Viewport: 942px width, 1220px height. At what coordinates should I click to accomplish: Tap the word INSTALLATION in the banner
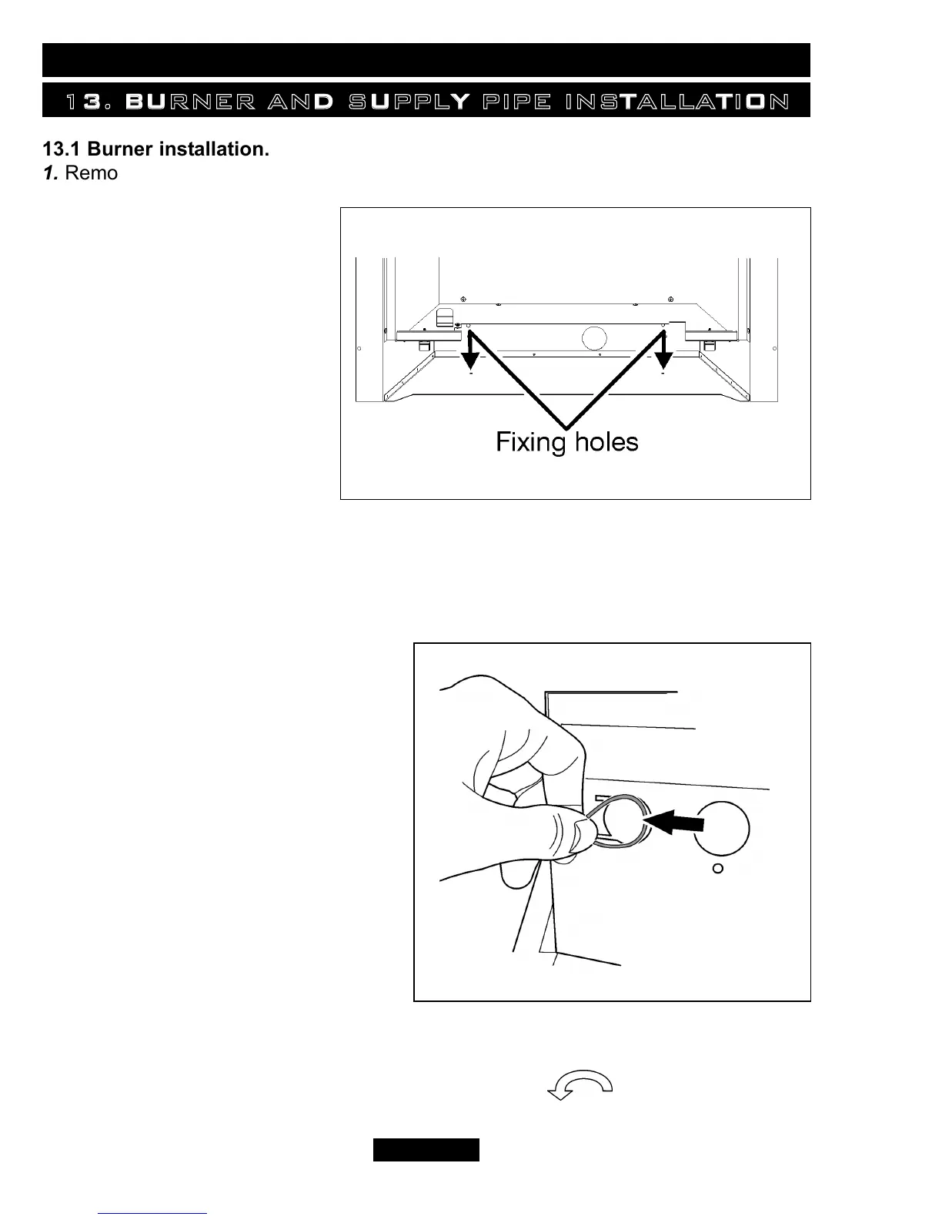pos(676,102)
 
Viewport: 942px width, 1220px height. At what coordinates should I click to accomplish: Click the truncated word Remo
pos(92,173)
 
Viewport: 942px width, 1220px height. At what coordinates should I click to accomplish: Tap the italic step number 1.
pos(50,173)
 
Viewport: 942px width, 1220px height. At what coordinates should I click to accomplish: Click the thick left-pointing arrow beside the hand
pos(676,824)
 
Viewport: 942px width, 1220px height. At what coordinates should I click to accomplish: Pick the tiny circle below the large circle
pos(717,869)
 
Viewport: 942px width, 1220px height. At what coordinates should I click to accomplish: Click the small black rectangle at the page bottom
pos(426,1149)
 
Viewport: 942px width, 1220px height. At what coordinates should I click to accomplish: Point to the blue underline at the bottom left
pos(152,1212)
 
